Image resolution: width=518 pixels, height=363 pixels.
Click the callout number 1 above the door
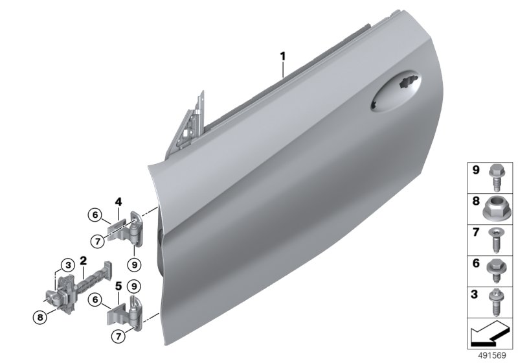tap(283, 57)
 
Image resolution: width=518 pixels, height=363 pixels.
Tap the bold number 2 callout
tap(83, 261)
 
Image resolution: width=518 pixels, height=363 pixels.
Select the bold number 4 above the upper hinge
tap(118, 202)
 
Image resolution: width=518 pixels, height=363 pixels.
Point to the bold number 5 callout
tap(118, 286)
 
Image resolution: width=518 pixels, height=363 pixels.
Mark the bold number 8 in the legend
tap(475, 202)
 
